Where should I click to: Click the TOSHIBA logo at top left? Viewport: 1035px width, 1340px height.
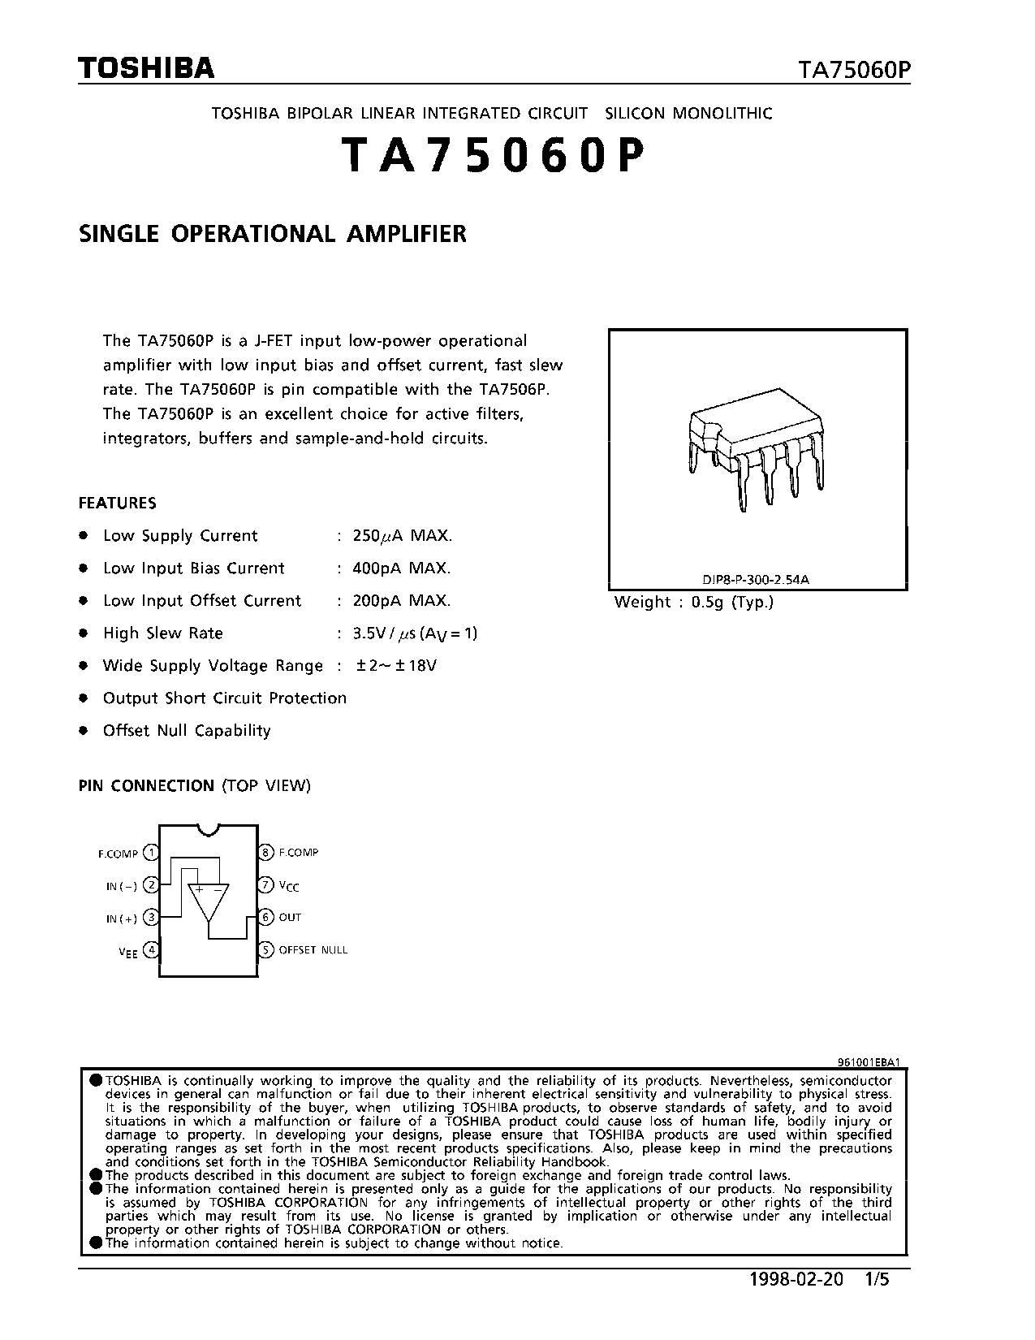(x=146, y=68)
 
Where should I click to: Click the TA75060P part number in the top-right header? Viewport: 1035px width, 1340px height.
(x=854, y=71)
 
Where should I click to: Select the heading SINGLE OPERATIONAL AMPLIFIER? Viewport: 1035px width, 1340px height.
(x=273, y=234)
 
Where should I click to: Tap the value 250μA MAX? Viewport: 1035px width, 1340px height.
(x=403, y=536)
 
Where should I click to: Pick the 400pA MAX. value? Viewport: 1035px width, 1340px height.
(x=402, y=568)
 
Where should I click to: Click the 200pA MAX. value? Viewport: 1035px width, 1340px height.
(x=402, y=601)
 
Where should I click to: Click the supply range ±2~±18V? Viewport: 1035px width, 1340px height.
(x=396, y=666)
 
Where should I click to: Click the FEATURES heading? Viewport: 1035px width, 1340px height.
(x=117, y=503)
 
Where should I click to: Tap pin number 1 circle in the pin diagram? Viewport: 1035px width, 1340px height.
(x=151, y=853)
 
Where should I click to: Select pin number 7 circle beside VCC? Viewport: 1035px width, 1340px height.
(x=265, y=885)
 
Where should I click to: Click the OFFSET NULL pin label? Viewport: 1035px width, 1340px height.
(x=313, y=949)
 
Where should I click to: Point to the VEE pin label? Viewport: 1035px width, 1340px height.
(x=128, y=951)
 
